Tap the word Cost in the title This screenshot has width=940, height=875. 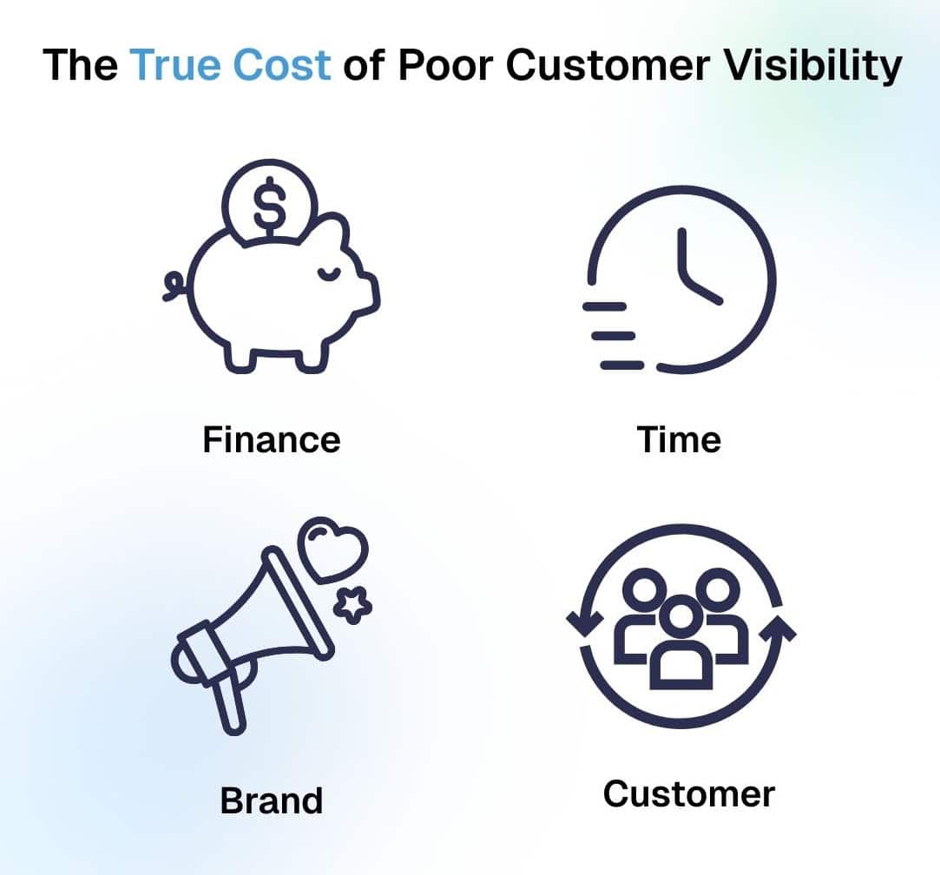click(281, 65)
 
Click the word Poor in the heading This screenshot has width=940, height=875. click(445, 65)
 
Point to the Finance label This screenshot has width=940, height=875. click(272, 439)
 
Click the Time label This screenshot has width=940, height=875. click(679, 439)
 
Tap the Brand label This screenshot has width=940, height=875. click(272, 800)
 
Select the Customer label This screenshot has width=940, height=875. click(689, 794)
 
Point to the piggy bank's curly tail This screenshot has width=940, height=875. click(175, 286)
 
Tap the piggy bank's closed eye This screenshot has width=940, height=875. click(328, 274)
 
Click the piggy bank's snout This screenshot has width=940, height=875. click(369, 294)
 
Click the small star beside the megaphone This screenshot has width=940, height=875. click(352, 605)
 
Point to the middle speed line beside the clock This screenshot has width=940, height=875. click(614, 336)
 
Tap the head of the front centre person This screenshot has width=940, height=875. click(680, 618)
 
